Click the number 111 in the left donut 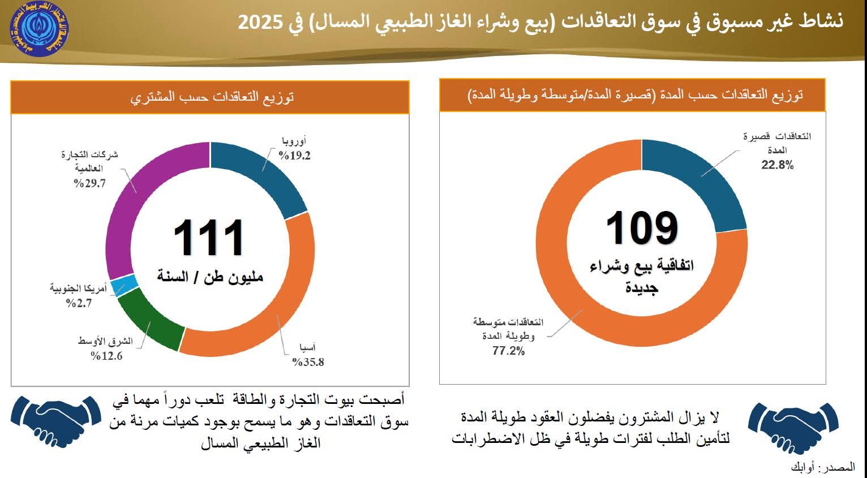tap(209, 239)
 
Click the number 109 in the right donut tap(642, 229)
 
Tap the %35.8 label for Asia tap(308, 363)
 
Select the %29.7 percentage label tap(89, 183)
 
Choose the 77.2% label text tap(508, 351)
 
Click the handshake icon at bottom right tap(792, 428)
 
